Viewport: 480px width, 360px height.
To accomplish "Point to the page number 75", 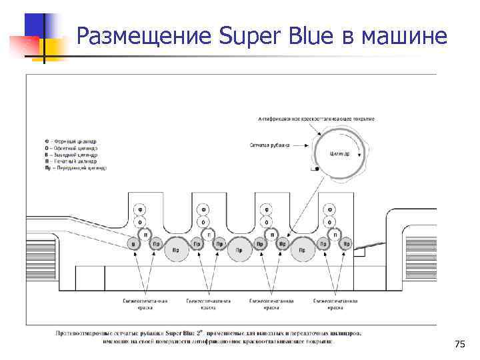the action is [x=459, y=344].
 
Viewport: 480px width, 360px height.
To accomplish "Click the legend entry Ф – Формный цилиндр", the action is [x=71, y=141].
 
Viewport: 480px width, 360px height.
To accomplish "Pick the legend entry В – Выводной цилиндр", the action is [x=71, y=155].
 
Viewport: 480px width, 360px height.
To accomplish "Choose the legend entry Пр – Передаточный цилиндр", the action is [x=75, y=168].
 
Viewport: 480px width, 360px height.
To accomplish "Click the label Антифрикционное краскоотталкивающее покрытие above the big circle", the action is [x=316, y=119].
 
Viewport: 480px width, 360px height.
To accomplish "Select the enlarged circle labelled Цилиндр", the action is [x=339, y=153].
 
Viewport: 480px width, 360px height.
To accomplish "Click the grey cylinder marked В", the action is [x=133, y=245].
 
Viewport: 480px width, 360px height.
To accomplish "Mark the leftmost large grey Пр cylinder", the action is [x=175, y=250].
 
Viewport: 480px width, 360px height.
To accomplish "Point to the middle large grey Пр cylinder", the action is [x=239, y=250].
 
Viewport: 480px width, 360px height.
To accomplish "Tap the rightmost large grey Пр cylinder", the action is [x=302, y=250].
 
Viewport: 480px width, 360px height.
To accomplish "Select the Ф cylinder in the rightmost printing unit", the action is [x=331, y=209].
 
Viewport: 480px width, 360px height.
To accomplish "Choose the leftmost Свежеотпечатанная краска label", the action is [x=146, y=303].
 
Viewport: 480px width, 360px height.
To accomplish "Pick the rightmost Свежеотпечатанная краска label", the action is [x=335, y=303].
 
